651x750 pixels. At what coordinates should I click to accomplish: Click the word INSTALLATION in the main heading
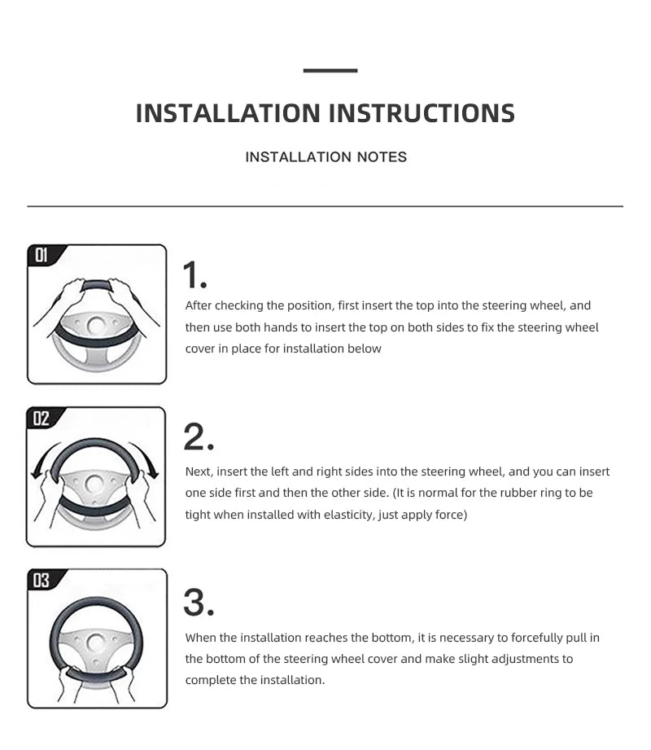tap(228, 113)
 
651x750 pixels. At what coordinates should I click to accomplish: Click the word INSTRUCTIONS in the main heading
tap(422, 113)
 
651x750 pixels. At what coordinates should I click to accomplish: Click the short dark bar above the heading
tap(330, 70)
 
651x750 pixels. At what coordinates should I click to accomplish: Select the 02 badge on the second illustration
tap(42, 418)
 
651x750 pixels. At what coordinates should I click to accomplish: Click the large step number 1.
tap(194, 274)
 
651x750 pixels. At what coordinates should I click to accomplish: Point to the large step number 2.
tap(199, 437)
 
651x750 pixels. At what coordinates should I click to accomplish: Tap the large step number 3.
tap(199, 603)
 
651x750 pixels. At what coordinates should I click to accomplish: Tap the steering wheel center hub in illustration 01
tap(97, 327)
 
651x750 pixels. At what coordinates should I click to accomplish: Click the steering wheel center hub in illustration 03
tap(95, 642)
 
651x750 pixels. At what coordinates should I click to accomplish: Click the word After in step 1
tap(199, 305)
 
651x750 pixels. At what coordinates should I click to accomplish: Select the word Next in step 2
tap(199, 471)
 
